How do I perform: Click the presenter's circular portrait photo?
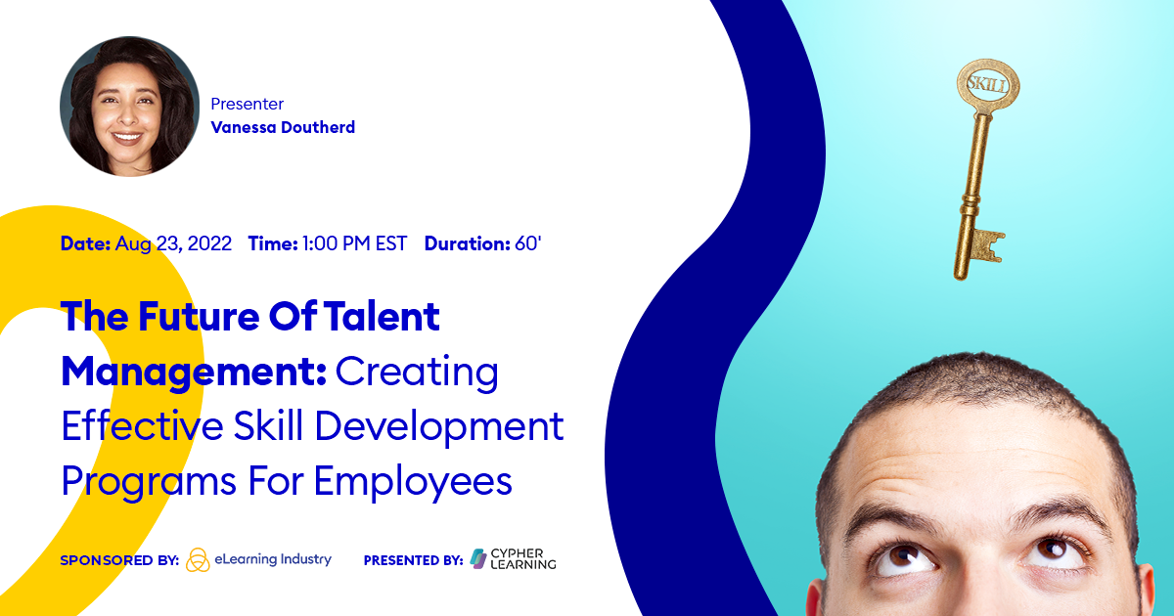click(129, 107)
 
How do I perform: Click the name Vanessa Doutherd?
click(283, 127)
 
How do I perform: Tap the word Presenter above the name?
click(247, 104)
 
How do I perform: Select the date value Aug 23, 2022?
click(173, 243)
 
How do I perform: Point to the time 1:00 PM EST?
click(354, 243)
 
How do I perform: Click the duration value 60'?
click(528, 243)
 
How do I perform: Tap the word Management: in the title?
click(194, 372)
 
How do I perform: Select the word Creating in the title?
click(418, 372)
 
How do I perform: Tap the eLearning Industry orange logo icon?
click(198, 559)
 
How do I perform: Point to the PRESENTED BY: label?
click(413, 560)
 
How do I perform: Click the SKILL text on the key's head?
click(985, 83)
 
